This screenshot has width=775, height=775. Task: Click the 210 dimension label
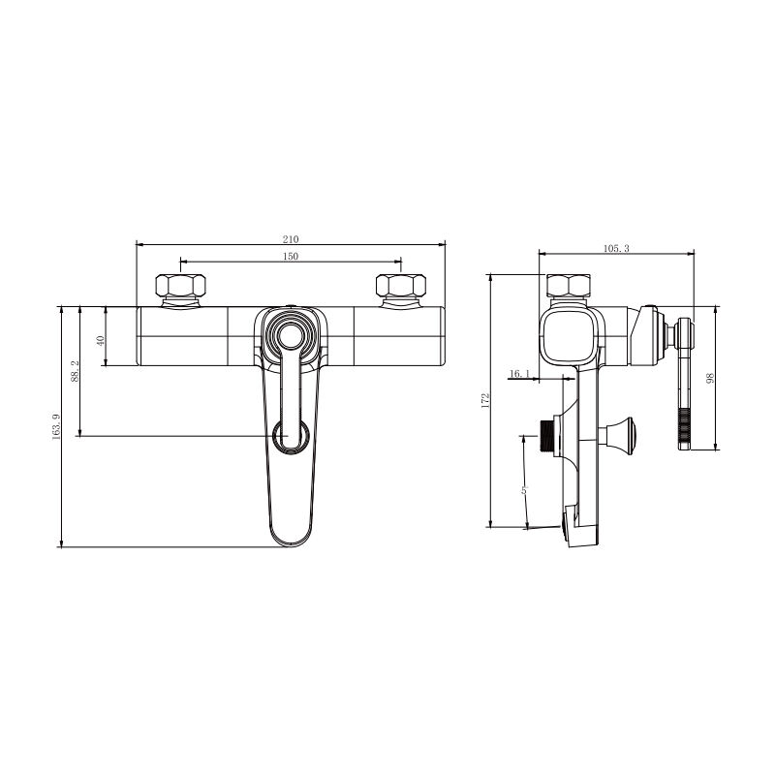tap(291, 239)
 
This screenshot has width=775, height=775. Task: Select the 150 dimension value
tap(291, 256)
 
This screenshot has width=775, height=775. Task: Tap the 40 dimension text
tap(101, 341)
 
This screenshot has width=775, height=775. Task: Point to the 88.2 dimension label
tap(75, 371)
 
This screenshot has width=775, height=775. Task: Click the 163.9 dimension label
tap(56, 426)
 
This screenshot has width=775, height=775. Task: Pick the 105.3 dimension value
tap(616, 248)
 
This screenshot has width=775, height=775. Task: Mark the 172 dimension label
tap(485, 400)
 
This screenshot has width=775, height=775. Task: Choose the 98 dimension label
tap(710, 378)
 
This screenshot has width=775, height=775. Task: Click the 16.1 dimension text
tap(519, 374)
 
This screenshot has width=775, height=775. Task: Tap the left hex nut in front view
tap(180, 285)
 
